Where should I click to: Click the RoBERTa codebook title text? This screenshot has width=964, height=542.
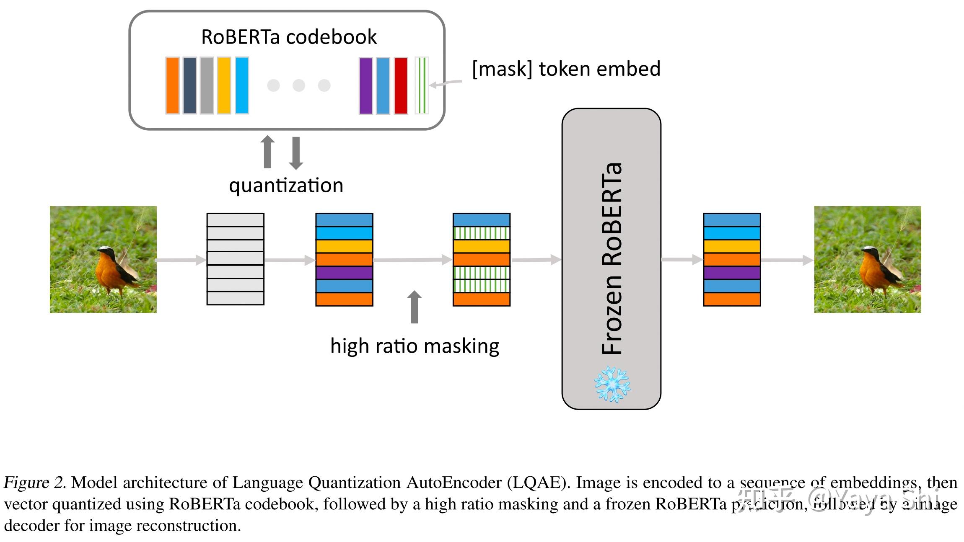coord(289,37)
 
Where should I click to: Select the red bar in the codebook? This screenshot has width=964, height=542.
coord(401,85)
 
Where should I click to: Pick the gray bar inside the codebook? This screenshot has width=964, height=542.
coord(207,85)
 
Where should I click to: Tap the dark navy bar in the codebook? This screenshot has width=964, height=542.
coord(189,85)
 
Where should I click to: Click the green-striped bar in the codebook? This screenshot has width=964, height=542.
coord(422,85)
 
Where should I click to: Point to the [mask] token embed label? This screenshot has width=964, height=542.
coord(566,69)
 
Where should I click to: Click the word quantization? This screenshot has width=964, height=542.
coord(286,185)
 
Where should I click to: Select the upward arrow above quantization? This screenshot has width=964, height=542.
coord(268,152)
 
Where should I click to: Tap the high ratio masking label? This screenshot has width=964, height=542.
coord(415,346)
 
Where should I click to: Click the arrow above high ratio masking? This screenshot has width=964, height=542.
coord(415,307)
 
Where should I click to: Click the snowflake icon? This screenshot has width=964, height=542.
coord(612,384)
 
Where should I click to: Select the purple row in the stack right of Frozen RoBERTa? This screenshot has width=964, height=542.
coord(732,273)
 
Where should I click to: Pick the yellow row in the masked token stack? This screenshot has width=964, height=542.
coord(482,246)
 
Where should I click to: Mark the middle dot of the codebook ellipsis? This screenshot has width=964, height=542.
coord(299,85)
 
